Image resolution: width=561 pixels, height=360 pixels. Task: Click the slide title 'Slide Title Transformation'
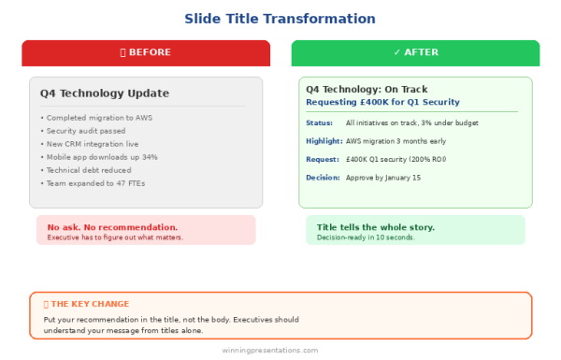(280, 19)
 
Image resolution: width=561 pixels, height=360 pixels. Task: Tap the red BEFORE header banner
(146, 52)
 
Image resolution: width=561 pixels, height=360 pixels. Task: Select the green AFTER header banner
(415, 52)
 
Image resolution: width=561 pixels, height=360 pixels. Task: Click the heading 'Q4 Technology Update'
(104, 93)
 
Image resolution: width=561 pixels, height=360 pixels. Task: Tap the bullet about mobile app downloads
(99, 157)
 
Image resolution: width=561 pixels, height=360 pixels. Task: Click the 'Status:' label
(319, 123)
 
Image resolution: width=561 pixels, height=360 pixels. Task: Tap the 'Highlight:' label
(324, 141)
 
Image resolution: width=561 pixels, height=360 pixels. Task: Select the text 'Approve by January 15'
(383, 178)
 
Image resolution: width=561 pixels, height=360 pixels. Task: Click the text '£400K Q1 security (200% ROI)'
(396, 159)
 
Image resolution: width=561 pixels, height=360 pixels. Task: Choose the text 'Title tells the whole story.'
(375, 227)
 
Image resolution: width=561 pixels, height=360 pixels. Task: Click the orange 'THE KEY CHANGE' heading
(87, 304)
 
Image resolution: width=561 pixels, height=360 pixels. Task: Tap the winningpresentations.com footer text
(270, 351)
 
